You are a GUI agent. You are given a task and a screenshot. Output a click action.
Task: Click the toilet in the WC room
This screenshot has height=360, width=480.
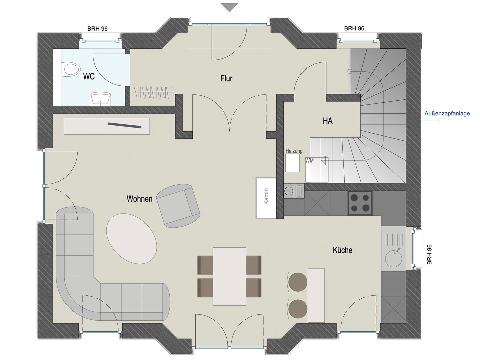pyautogui.click(x=70, y=69)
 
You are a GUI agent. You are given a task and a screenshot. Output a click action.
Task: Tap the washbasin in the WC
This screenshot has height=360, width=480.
pyautogui.click(x=100, y=99)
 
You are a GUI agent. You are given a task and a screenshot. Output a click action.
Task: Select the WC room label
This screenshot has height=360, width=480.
pyautogui.click(x=89, y=76)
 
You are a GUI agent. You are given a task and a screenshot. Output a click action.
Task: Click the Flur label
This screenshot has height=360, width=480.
pyautogui.click(x=226, y=78)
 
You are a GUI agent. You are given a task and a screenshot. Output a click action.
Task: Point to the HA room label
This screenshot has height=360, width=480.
pyautogui.click(x=327, y=121)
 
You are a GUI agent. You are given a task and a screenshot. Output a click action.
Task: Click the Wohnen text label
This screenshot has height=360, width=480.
pyautogui.click(x=139, y=199)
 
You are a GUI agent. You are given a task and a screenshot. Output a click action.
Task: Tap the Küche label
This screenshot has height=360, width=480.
pyautogui.click(x=342, y=250)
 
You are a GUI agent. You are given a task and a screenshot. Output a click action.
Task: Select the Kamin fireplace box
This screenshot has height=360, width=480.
pyautogui.click(x=266, y=198)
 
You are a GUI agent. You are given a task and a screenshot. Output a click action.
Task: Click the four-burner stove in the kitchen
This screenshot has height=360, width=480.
pyautogui.click(x=360, y=203)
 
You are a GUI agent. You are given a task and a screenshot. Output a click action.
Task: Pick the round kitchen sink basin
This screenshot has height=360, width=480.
pyautogui.click(x=394, y=257)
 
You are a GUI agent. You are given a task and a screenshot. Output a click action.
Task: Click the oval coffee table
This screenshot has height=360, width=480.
pyautogui.click(x=131, y=239)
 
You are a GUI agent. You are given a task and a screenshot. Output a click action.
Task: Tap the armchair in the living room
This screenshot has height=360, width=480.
pyautogui.click(x=178, y=206)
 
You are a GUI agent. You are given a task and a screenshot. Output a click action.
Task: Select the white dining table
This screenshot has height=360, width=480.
pyautogui.click(x=229, y=276)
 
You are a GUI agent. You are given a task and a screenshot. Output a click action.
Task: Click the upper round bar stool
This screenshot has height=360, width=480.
pyautogui.click(x=298, y=282)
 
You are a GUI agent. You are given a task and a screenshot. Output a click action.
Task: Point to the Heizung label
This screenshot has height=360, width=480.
pyautogui.click(x=294, y=151)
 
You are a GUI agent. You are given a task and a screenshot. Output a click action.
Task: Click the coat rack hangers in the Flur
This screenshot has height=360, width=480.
pyautogui.click(x=153, y=92)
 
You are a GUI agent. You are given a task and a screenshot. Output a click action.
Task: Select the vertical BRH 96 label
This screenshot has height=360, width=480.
pyautogui.click(x=429, y=254)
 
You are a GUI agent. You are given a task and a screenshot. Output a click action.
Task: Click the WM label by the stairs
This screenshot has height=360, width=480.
pyautogui.click(x=309, y=161)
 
